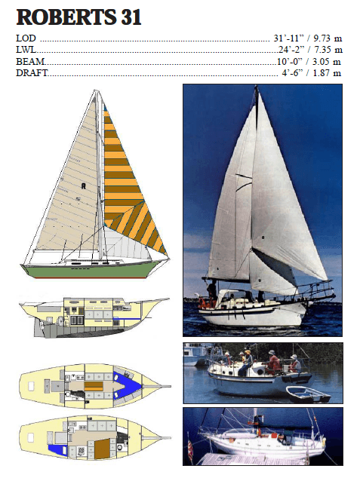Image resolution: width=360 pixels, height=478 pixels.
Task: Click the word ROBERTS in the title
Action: pyautogui.click(x=66, y=17)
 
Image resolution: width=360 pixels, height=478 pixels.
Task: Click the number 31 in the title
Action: pyautogui.click(x=131, y=17)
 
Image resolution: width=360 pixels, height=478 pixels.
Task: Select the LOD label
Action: pyautogui.click(x=26, y=38)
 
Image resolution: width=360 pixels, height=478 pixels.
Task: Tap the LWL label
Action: pyautogui.click(x=26, y=50)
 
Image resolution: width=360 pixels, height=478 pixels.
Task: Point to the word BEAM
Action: pyautogui.click(x=30, y=62)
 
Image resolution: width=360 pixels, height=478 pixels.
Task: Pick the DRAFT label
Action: pyautogui.click(x=32, y=73)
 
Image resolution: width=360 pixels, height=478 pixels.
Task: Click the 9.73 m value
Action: pyautogui.click(x=328, y=38)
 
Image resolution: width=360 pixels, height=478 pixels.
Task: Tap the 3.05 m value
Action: pyautogui.click(x=327, y=62)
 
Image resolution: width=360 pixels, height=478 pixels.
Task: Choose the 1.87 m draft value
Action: pyautogui.click(x=327, y=73)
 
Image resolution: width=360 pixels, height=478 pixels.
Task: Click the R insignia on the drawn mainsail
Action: pyautogui.click(x=83, y=185)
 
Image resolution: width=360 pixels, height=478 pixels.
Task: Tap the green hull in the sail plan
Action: pyautogui.click(x=91, y=270)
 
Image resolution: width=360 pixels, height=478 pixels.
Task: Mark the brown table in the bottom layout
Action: pyautogui.click(x=102, y=449)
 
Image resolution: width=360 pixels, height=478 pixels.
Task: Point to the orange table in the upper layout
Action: pyautogui.click(x=94, y=387)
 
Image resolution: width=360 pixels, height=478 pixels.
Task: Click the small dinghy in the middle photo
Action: pyautogui.click(x=308, y=394)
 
